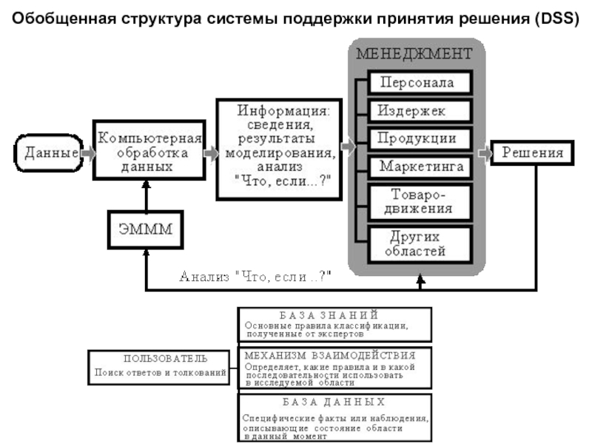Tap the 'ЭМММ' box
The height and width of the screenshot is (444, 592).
point(146,228)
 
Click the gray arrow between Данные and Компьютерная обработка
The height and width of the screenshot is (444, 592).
point(88,154)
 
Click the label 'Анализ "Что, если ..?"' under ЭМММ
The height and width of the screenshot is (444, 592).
point(256,276)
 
